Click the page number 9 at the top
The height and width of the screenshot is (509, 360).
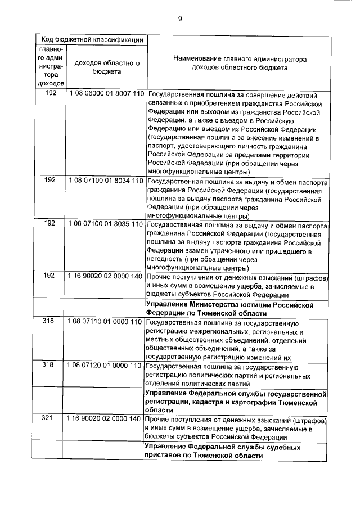tap(180, 19)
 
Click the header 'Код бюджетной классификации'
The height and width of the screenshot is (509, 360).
tap(91, 40)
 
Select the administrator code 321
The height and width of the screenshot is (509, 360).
tap(50, 419)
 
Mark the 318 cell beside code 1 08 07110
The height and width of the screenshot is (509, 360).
tap(50, 322)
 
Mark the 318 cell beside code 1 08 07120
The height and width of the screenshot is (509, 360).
tap(50, 366)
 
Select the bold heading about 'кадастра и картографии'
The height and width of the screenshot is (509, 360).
tap(236, 403)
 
